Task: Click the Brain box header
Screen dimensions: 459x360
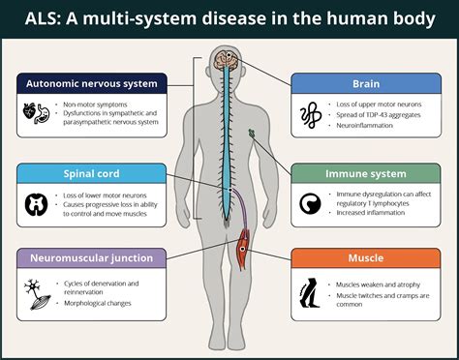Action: (x=366, y=83)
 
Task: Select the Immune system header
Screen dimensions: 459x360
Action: (x=366, y=173)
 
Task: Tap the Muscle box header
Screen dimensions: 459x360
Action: (x=366, y=258)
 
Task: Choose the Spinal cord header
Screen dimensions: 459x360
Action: (x=92, y=173)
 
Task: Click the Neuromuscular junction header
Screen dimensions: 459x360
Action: (x=92, y=258)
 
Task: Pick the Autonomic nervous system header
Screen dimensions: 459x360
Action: (x=92, y=83)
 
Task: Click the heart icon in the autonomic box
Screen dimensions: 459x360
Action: (x=29, y=112)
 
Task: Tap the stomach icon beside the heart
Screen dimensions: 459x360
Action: (x=44, y=113)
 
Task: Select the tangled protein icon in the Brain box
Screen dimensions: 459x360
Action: (x=311, y=115)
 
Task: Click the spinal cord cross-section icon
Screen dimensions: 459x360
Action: (x=36, y=204)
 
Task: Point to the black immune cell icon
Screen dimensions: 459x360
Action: (x=310, y=204)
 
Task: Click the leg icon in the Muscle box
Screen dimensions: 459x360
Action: (x=310, y=293)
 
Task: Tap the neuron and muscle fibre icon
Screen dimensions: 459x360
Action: (x=37, y=295)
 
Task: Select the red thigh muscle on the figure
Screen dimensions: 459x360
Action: (x=243, y=250)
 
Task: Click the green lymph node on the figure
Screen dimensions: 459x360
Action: (x=252, y=133)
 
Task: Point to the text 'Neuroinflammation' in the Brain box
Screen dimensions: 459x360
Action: (x=364, y=126)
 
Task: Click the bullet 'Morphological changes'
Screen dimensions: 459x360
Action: (x=98, y=303)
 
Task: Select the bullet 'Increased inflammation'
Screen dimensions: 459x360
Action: (x=370, y=213)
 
